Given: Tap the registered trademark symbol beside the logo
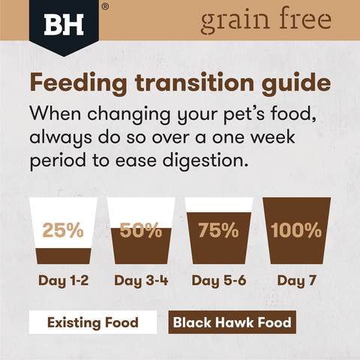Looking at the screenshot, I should (x=104, y=7).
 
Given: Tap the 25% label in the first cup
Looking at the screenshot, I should (x=63, y=230).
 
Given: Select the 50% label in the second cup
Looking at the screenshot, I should (x=141, y=230).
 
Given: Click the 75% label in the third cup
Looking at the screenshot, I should (x=218, y=230).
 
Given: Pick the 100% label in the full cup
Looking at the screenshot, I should (x=295, y=230).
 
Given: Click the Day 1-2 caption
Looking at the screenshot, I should (x=63, y=281).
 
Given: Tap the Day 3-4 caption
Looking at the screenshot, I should (x=141, y=281).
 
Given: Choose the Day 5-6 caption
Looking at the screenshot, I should (x=218, y=281).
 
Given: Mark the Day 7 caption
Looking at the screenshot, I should (x=295, y=281).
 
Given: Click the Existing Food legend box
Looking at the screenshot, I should (x=92, y=322).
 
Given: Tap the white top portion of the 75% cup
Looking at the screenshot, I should (x=218, y=205).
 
